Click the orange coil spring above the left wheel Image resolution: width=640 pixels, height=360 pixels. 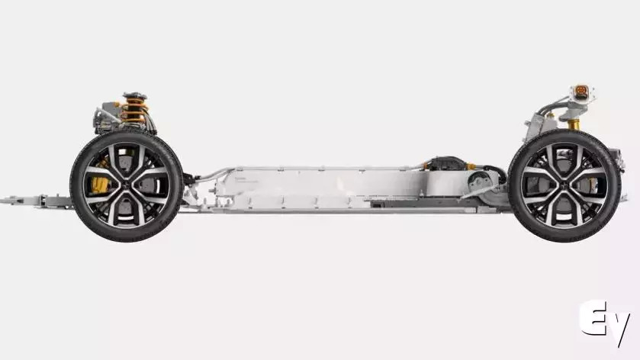tap(134, 110)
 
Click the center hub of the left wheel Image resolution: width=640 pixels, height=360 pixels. tap(127, 185)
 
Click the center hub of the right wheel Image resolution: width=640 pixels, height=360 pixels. tap(564, 186)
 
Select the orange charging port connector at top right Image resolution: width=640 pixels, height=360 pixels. tap(581, 91)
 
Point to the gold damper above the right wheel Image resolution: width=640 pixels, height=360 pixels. tap(574, 124)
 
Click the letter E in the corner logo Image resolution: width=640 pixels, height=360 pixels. tap(593, 318)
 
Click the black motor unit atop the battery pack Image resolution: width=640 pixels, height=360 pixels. tap(446, 163)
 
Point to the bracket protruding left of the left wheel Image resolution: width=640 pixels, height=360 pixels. tap(37, 201)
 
